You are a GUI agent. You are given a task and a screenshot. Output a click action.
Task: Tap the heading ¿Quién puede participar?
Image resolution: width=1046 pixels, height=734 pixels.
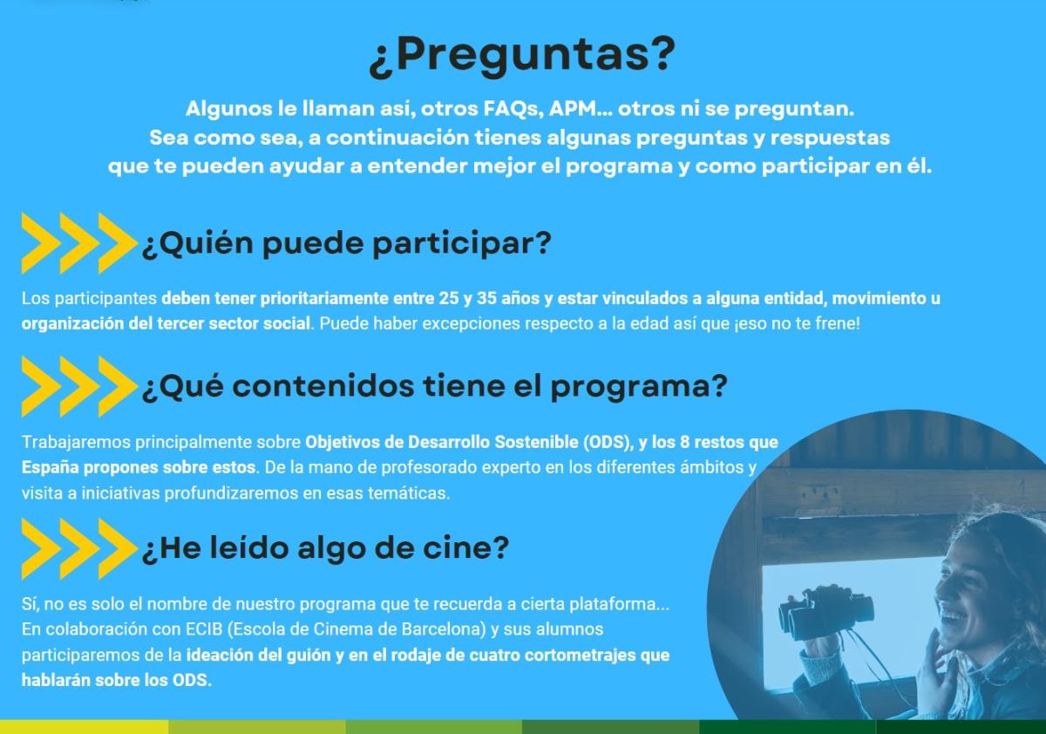point(347,243)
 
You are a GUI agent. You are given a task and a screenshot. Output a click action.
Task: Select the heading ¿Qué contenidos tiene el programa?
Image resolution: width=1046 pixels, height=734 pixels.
point(434,386)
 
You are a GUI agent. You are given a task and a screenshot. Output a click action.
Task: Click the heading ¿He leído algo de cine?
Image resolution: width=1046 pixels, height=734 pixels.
point(325,548)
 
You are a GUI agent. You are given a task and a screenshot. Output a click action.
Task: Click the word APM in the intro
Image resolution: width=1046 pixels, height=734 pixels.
point(573,109)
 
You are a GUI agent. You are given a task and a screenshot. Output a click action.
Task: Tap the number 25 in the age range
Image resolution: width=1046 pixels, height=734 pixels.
point(448,298)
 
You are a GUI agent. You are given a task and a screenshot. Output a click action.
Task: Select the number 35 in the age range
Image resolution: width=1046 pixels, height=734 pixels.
point(486,298)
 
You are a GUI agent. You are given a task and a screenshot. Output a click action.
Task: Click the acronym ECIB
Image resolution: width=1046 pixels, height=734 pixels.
point(204,629)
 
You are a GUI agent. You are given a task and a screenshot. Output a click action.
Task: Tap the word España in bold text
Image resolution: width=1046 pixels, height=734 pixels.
point(50,468)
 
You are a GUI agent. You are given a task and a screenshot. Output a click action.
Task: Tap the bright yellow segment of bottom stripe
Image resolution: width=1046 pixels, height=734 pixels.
point(84,727)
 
